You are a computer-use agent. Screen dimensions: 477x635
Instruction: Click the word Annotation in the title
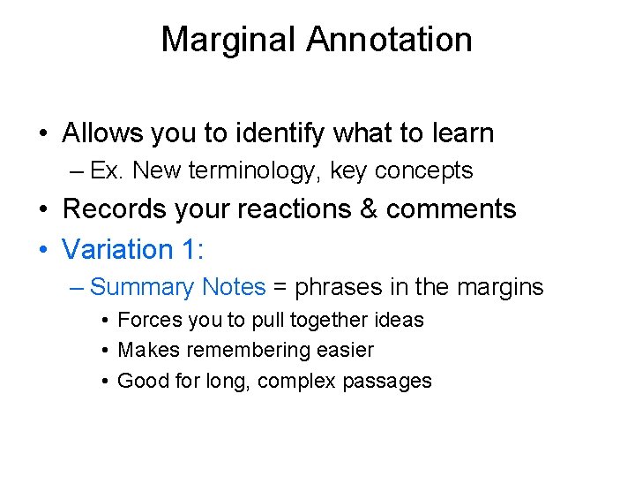pyautogui.click(x=390, y=40)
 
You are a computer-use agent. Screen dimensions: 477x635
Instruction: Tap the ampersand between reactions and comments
pyautogui.click(x=370, y=209)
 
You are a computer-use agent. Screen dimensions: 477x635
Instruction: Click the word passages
pyautogui.click(x=392, y=382)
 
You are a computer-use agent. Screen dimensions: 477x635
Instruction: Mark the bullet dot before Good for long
pyautogui.click(x=105, y=382)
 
